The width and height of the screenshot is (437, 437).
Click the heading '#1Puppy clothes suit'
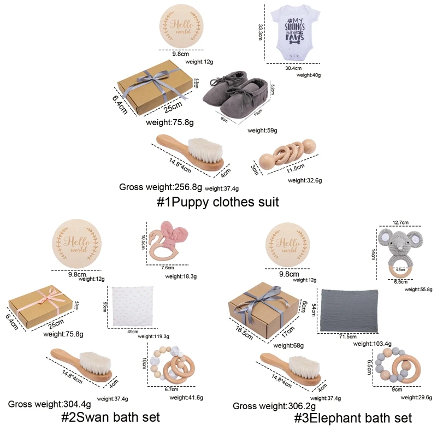(x=218, y=202)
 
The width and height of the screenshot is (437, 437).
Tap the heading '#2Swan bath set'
(x=110, y=418)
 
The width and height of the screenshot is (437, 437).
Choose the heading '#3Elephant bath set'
(x=352, y=418)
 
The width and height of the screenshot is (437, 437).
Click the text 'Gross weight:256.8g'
(x=161, y=187)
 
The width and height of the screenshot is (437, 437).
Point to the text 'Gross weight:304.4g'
(x=49, y=404)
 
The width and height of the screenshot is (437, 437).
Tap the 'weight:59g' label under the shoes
(x=262, y=131)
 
